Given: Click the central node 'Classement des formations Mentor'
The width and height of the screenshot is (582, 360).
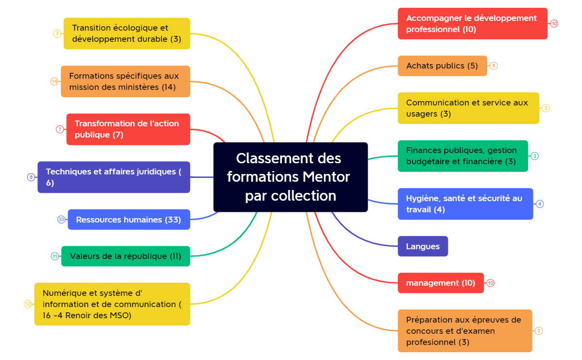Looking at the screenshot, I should pos(290,177).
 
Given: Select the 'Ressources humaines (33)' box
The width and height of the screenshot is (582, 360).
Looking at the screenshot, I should pos(129,220).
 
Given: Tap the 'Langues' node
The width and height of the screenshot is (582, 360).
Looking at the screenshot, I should pos(423,246).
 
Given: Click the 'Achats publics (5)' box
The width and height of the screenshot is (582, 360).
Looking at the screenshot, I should pos(442,66).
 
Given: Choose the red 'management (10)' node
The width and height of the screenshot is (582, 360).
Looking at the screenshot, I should pos(441,283).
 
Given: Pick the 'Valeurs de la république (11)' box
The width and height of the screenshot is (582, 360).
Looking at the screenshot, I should pos(125,256).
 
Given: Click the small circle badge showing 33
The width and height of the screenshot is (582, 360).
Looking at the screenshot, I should pos(61,220).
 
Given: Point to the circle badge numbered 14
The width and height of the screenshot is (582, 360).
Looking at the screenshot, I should pos(54,81).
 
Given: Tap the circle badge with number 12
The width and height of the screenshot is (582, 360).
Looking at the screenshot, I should pos(28,304).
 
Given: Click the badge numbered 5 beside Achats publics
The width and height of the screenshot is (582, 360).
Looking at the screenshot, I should pos(494,66).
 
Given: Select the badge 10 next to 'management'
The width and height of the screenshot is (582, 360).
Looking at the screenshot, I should pos(491,283).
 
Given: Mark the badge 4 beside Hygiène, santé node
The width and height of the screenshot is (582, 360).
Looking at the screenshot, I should pos(540,204).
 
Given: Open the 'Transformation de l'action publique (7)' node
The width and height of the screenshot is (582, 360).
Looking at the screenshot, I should pos(128,129).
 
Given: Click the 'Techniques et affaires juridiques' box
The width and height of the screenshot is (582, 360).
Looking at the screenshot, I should pos(114,177).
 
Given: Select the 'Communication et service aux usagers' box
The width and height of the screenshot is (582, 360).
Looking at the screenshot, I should pos(468,108).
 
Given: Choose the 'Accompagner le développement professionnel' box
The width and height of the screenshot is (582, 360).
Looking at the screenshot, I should pos(472,23).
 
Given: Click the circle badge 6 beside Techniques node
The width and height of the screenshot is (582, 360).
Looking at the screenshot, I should pos(31,177).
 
